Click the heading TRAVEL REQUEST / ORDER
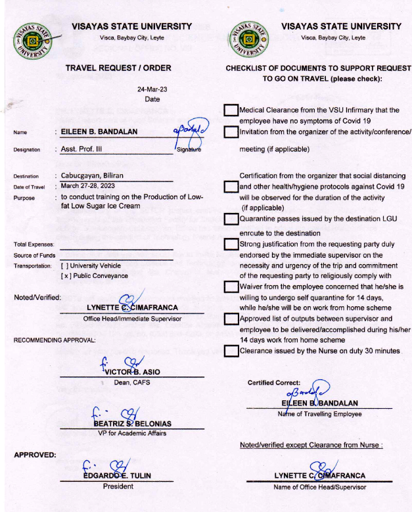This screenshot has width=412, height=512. [118, 68]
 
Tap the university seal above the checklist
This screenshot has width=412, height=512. [249, 39]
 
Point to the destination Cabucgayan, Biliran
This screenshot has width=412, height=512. [92, 176]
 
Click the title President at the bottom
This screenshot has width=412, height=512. [118, 486]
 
